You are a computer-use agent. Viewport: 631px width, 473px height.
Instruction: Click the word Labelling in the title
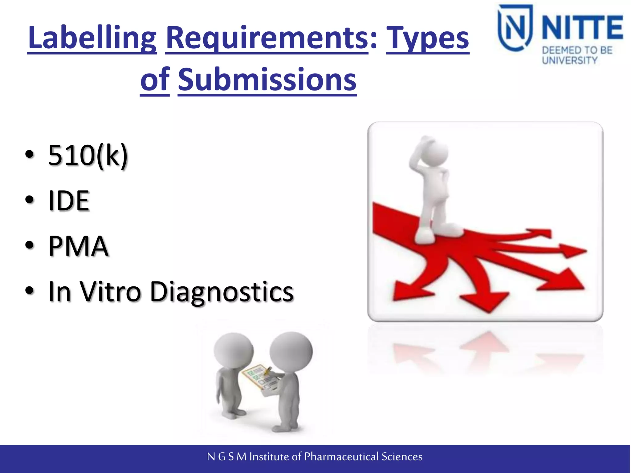[x=92, y=38]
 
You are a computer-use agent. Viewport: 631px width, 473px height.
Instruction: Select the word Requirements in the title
[x=267, y=38]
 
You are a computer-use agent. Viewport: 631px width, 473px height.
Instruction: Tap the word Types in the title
[x=428, y=38]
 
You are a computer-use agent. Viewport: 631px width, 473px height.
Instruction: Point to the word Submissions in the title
[x=267, y=80]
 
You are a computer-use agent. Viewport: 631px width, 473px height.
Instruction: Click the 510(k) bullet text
[x=88, y=156]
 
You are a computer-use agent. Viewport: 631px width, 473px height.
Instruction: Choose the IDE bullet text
[x=69, y=201]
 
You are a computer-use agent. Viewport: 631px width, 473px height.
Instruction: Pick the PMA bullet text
[x=78, y=246]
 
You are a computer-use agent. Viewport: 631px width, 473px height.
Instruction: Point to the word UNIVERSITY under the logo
[x=570, y=60]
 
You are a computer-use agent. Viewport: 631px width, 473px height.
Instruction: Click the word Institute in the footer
[x=270, y=456]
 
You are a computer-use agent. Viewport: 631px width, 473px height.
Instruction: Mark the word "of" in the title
[x=155, y=80]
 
